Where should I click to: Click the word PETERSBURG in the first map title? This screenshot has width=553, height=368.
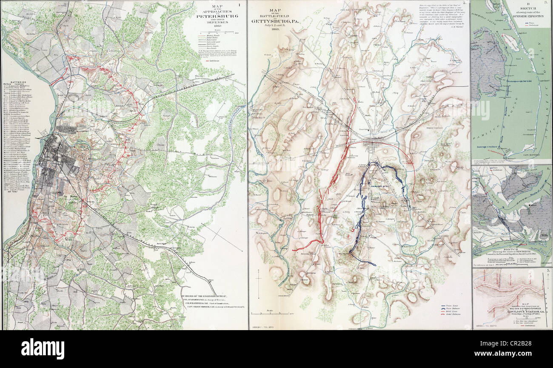(x=215, y=17)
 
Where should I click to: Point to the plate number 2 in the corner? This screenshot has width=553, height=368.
(x=465, y=3)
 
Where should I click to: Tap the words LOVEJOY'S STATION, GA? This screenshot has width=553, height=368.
(x=512, y=305)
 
